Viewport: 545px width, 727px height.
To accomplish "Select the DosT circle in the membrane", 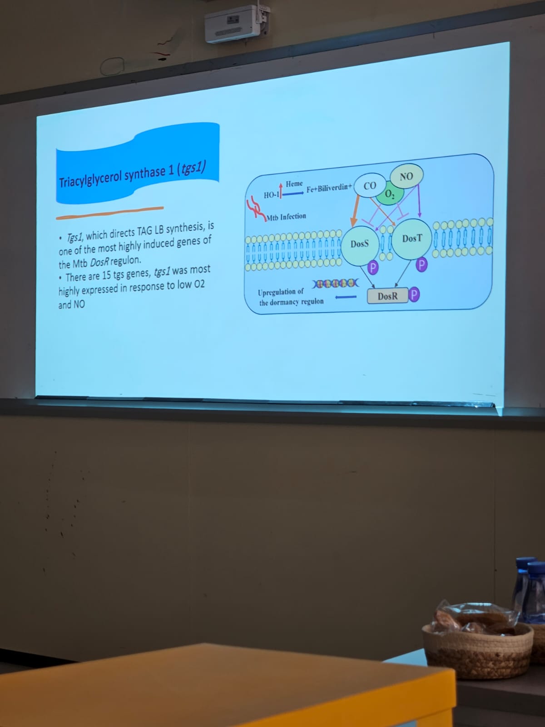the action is (412, 239).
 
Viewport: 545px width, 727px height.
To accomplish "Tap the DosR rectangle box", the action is (387, 296).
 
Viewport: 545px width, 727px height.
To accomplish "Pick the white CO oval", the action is (370, 186).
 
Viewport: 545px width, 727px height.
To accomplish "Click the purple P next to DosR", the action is (414, 294).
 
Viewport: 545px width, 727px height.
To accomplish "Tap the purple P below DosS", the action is (373, 268).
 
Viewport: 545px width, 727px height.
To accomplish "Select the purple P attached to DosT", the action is (421, 264).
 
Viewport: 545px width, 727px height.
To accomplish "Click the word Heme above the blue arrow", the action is (294, 184).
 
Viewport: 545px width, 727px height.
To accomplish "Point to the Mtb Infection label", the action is (287, 217).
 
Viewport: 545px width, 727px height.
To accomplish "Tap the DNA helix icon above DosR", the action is (336, 283).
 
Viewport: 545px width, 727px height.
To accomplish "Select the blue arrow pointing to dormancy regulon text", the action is (346, 297).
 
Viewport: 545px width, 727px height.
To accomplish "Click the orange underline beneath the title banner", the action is (110, 213).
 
